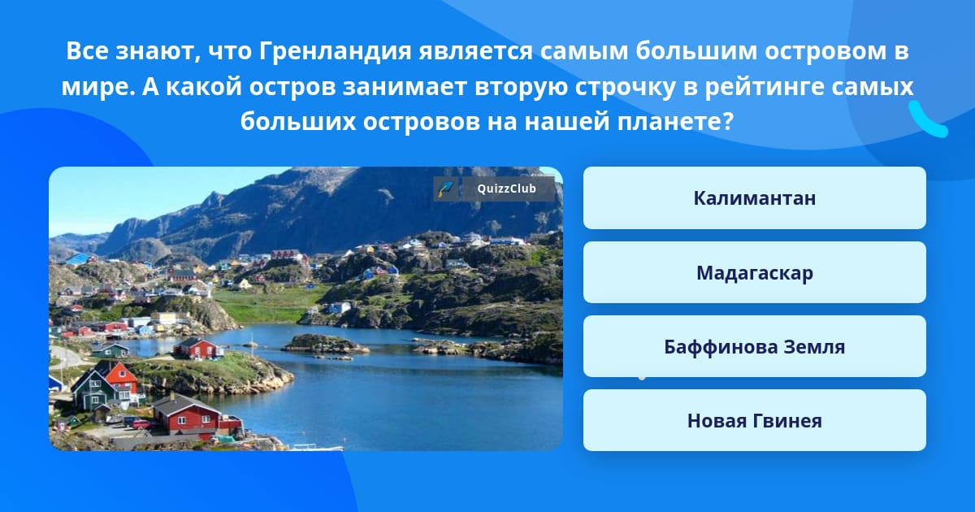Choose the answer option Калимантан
click(754, 198)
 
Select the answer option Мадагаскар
click(754, 272)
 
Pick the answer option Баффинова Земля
click(754, 346)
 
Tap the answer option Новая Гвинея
click(754, 421)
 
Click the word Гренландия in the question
click(335, 51)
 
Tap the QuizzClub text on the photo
click(507, 189)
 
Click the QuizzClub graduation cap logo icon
click(446, 189)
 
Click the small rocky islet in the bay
click(324, 344)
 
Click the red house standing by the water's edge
click(196, 348)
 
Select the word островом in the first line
click(825, 51)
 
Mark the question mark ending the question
click(729, 121)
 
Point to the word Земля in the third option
click(814, 347)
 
